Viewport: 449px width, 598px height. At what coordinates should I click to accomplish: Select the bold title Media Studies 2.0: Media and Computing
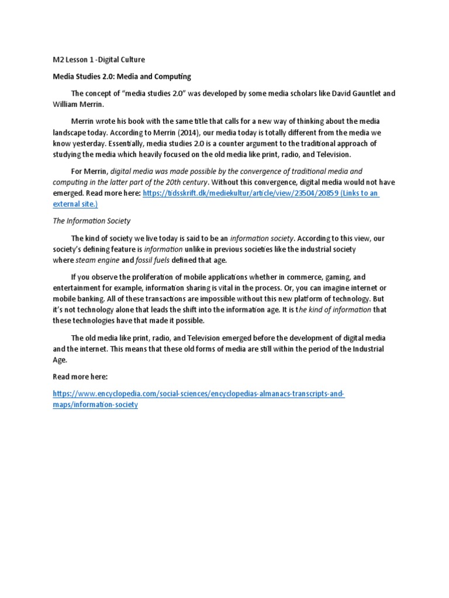click(122, 77)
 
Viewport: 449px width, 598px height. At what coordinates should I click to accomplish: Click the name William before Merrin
click(67, 104)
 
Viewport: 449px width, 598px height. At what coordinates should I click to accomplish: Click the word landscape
click(72, 132)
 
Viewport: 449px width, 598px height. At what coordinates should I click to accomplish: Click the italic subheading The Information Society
click(91, 221)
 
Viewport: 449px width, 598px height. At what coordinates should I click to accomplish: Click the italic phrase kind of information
click(337, 310)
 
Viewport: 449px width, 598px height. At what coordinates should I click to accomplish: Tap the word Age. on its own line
click(60, 360)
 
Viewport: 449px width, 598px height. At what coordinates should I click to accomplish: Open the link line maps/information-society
click(95, 405)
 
